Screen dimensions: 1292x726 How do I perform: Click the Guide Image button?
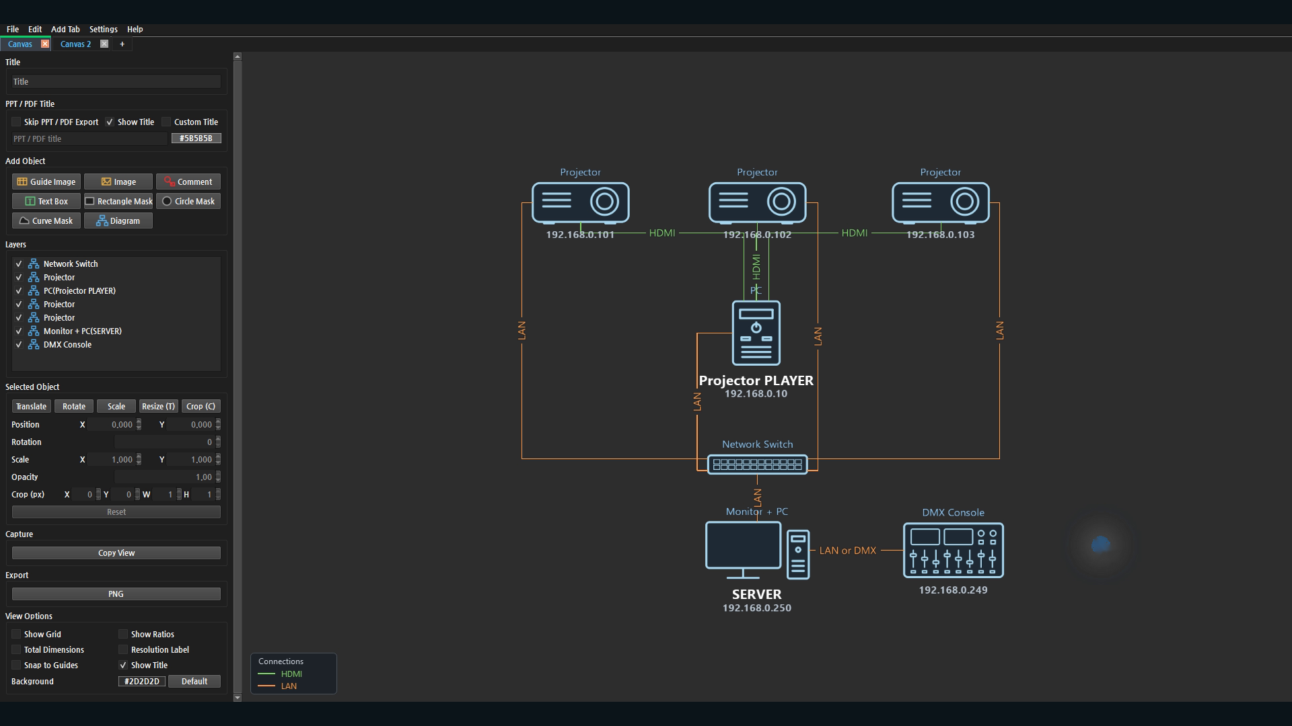tap(46, 182)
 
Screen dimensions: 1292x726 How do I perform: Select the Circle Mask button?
tap(188, 201)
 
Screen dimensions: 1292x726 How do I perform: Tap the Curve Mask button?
tap(46, 220)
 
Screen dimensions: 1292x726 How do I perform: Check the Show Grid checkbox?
tap(16, 634)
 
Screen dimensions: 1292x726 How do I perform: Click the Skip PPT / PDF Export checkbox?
tap(16, 122)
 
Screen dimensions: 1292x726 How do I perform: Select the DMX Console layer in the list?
tap(67, 344)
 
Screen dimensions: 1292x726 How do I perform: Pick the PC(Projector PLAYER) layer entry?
tap(79, 290)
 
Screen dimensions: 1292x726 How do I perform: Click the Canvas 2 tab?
tap(75, 44)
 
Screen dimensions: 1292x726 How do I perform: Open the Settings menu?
tap(103, 29)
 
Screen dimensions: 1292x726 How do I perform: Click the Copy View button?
tap(116, 553)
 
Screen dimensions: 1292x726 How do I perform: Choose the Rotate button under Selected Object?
tap(74, 406)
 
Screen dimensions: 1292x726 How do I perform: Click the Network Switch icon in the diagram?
tap(757, 464)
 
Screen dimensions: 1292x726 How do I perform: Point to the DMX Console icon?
tap(953, 550)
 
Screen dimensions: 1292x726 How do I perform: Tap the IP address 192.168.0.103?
tap(940, 235)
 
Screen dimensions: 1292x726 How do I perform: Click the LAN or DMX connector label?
tap(848, 551)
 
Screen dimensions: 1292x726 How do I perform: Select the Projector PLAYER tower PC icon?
tap(756, 333)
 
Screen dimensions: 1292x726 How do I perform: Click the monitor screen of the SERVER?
tap(743, 544)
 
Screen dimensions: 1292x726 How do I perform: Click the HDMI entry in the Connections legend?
tap(291, 674)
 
